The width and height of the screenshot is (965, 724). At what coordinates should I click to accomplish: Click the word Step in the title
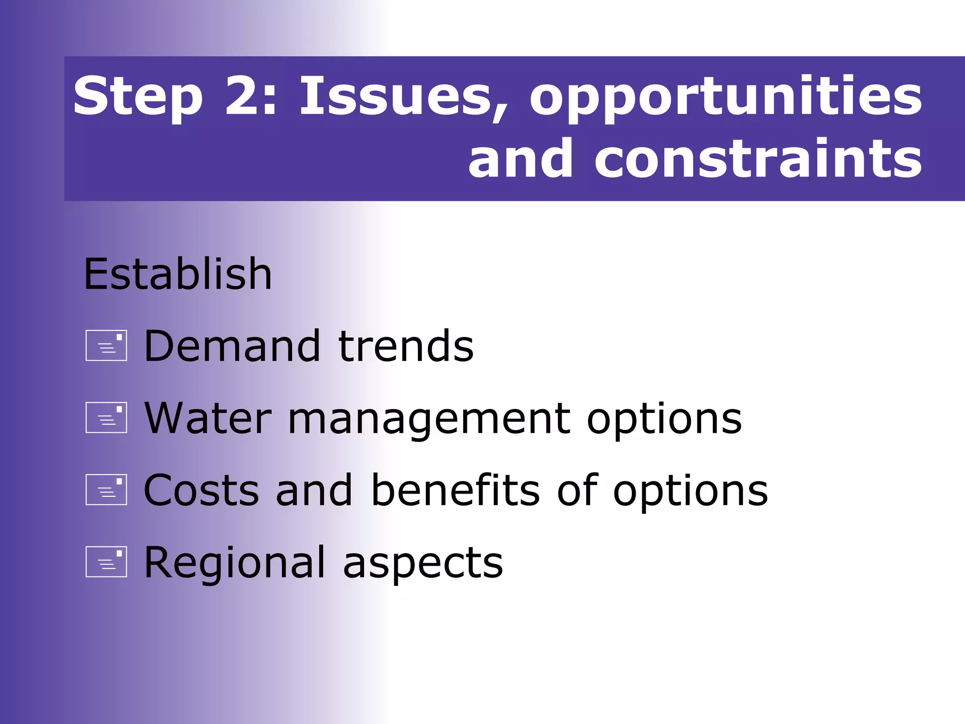(x=138, y=98)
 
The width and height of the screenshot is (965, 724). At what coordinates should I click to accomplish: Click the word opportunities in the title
(x=726, y=98)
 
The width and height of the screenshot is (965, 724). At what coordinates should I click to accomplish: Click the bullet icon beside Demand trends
(x=106, y=346)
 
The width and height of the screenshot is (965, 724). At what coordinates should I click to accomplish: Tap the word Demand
(x=232, y=346)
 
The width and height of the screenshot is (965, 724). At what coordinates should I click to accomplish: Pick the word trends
(x=406, y=346)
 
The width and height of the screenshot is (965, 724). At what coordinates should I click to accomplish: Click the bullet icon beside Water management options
(x=106, y=418)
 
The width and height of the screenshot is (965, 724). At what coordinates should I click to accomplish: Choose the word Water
(x=208, y=419)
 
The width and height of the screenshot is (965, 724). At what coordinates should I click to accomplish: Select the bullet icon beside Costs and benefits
(x=106, y=490)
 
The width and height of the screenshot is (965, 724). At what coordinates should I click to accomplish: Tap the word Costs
(x=201, y=491)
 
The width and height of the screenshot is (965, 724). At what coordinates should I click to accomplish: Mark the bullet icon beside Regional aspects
(x=106, y=562)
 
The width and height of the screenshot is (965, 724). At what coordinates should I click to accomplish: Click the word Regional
(x=234, y=563)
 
